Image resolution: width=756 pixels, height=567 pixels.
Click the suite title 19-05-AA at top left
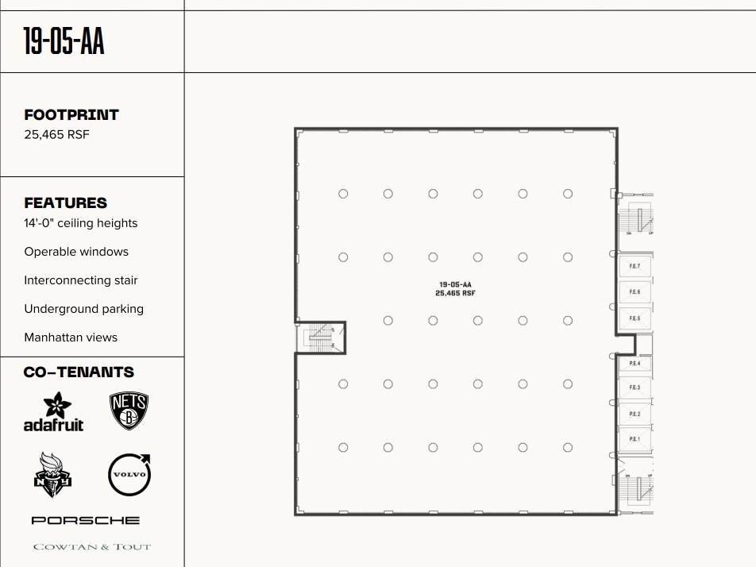pos(64,42)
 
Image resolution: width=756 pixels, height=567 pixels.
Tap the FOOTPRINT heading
pos(71,115)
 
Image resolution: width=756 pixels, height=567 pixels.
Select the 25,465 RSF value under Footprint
pos(56,135)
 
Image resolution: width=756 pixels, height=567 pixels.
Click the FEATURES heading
pos(65,203)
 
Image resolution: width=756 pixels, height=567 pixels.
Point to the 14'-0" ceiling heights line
pos(80,223)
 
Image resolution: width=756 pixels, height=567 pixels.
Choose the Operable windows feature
pos(76,252)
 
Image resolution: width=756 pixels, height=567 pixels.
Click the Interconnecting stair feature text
pos(80,280)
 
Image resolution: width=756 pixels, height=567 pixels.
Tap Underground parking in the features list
pos(83,309)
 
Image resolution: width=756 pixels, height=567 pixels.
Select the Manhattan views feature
pos(71,337)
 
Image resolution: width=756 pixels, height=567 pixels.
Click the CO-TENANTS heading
pos(79,372)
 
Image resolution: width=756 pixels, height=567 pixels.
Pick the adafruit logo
pos(53,412)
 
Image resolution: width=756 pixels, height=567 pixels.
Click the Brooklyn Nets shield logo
pos(129,411)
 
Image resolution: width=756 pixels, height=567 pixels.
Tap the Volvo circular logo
pos(129,475)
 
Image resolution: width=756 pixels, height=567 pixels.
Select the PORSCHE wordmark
pos(86,520)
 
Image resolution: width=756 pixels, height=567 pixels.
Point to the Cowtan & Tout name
pos(91,546)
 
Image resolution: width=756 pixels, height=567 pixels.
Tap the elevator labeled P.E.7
pos(634,266)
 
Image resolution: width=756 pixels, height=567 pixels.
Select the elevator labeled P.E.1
pos(634,439)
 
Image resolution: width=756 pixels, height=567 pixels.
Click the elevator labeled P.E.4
pos(634,363)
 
